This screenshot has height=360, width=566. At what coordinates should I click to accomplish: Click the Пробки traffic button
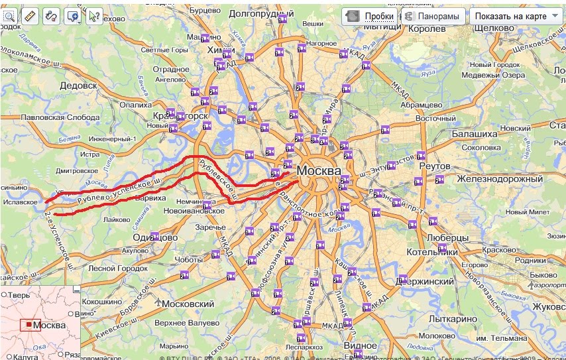pyautogui.click(x=371, y=16)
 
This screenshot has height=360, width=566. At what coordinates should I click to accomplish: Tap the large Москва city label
pyautogui.click(x=319, y=170)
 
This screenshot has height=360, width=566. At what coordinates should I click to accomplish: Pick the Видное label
pyautogui.click(x=360, y=345)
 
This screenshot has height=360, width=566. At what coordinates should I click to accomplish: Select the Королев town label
pyautogui.click(x=427, y=29)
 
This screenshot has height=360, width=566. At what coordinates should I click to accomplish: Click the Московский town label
pyautogui.click(x=188, y=304)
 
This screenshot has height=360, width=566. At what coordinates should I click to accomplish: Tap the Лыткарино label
pyautogui.click(x=453, y=319)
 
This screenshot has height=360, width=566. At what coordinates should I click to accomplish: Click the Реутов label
pyautogui.click(x=435, y=165)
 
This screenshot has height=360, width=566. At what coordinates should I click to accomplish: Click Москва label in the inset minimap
pyautogui.click(x=49, y=326)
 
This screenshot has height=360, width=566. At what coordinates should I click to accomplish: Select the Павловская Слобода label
pyautogui.click(x=61, y=117)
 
